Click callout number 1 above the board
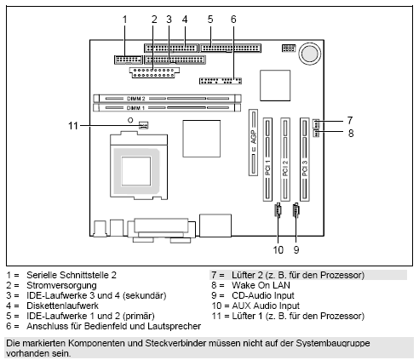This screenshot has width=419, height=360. (124, 18)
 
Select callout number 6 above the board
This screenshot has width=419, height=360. (232, 18)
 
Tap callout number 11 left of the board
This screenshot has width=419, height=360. (74, 126)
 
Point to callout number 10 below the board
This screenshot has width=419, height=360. (278, 249)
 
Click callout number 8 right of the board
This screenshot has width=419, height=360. (349, 133)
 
